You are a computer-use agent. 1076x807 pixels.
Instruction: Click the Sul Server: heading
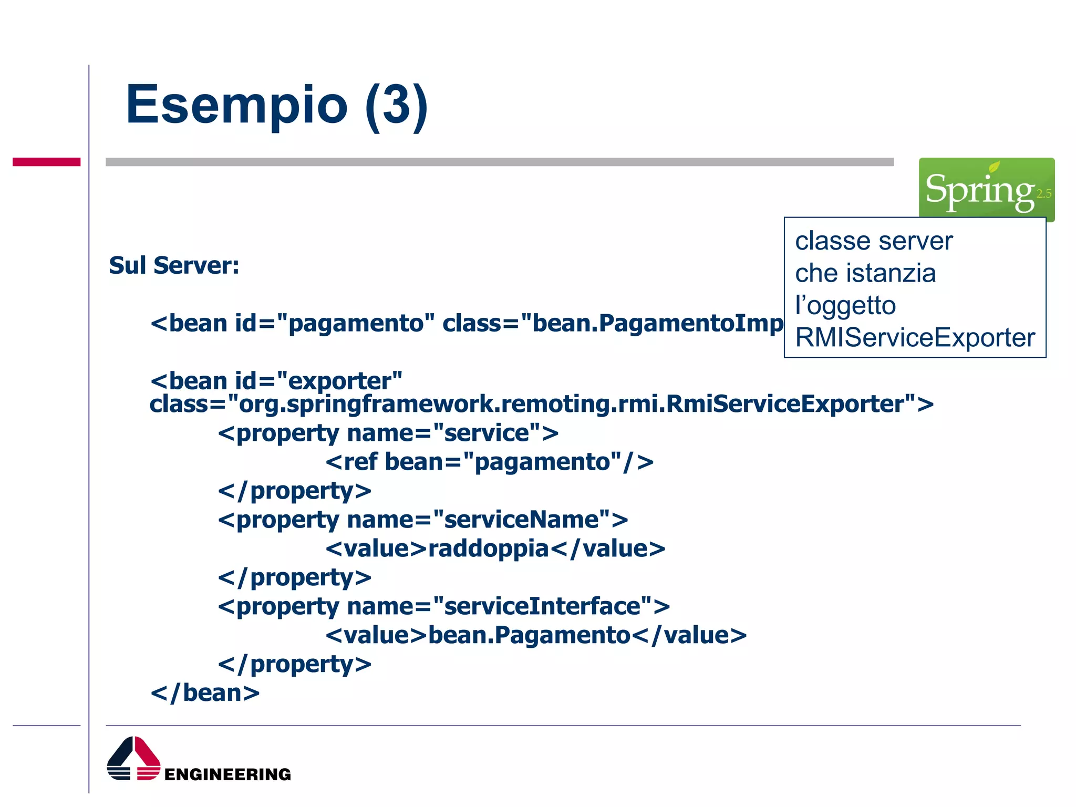[174, 265]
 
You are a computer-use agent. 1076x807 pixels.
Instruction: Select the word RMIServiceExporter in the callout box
[915, 337]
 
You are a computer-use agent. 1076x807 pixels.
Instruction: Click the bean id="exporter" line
[276, 381]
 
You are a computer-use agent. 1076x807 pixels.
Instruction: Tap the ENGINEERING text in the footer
[227, 774]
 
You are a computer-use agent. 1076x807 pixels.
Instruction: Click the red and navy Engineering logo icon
[133, 759]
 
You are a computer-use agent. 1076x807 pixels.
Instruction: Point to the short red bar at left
[46, 162]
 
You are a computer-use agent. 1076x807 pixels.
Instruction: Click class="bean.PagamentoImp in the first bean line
[612, 323]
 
